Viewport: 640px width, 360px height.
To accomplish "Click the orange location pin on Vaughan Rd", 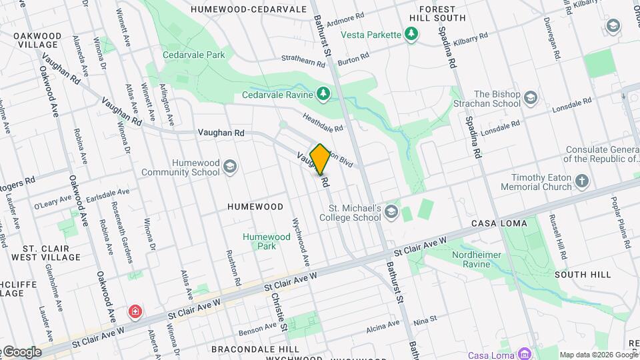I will pyautogui.click(x=320, y=159).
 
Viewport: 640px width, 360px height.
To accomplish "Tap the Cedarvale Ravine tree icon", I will pyautogui.click(x=323, y=94).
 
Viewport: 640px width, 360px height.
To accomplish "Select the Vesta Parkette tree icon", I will pyautogui.click(x=412, y=34).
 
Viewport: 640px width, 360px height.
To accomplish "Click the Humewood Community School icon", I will pyautogui.click(x=230, y=167).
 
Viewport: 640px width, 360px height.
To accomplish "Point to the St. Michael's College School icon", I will pyautogui.click(x=391, y=212).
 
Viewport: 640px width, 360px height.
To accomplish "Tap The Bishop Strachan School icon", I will pyautogui.click(x=531, y=99).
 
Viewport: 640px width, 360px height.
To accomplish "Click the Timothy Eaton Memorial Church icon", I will pyautogui.click(x=583, y=182).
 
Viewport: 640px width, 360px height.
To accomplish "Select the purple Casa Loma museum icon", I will pyautogui.click(x=525, y=353).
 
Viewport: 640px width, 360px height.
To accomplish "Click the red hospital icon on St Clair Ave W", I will pyautogui.click(x=135, y=312).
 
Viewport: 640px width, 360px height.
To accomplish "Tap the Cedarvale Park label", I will pyautogui.click(x=194, y=55).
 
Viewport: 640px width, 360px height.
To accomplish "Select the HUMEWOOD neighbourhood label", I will pyautogui.click(x=255, y=207).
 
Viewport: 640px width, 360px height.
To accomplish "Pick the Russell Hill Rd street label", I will pyautogui.click(x=557, y=237).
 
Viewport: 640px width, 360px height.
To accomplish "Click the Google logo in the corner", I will pyautogui.click(x=22, y=351).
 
